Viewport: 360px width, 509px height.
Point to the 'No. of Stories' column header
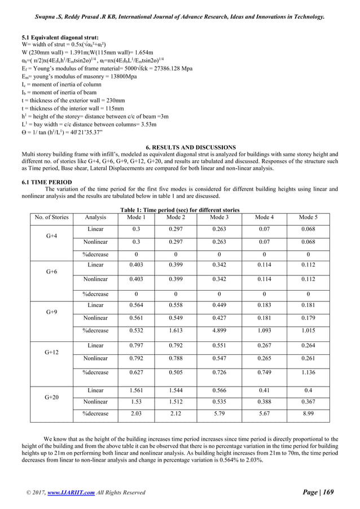point(51,217)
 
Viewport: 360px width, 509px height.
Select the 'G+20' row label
point(51,397)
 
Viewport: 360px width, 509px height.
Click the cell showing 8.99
point(308,414)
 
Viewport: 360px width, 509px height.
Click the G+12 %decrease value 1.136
point(308,372)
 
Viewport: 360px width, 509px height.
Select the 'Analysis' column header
point(95,217)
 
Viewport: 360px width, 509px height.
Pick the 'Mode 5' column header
point(308,217)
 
